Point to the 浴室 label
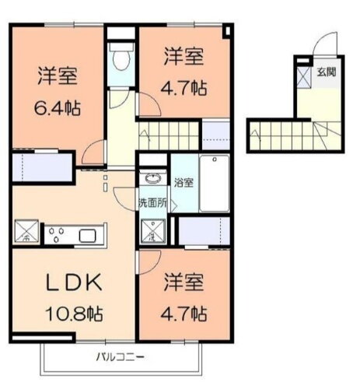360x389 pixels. (x=184, y=184)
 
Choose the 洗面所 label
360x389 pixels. (x=152, y=203)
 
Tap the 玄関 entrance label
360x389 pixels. (x=327, y=74)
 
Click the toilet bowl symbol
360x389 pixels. (x=121, y=58)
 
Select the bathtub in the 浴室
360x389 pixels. (x=214, y=184)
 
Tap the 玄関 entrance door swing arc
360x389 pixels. (x=327, y=45)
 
